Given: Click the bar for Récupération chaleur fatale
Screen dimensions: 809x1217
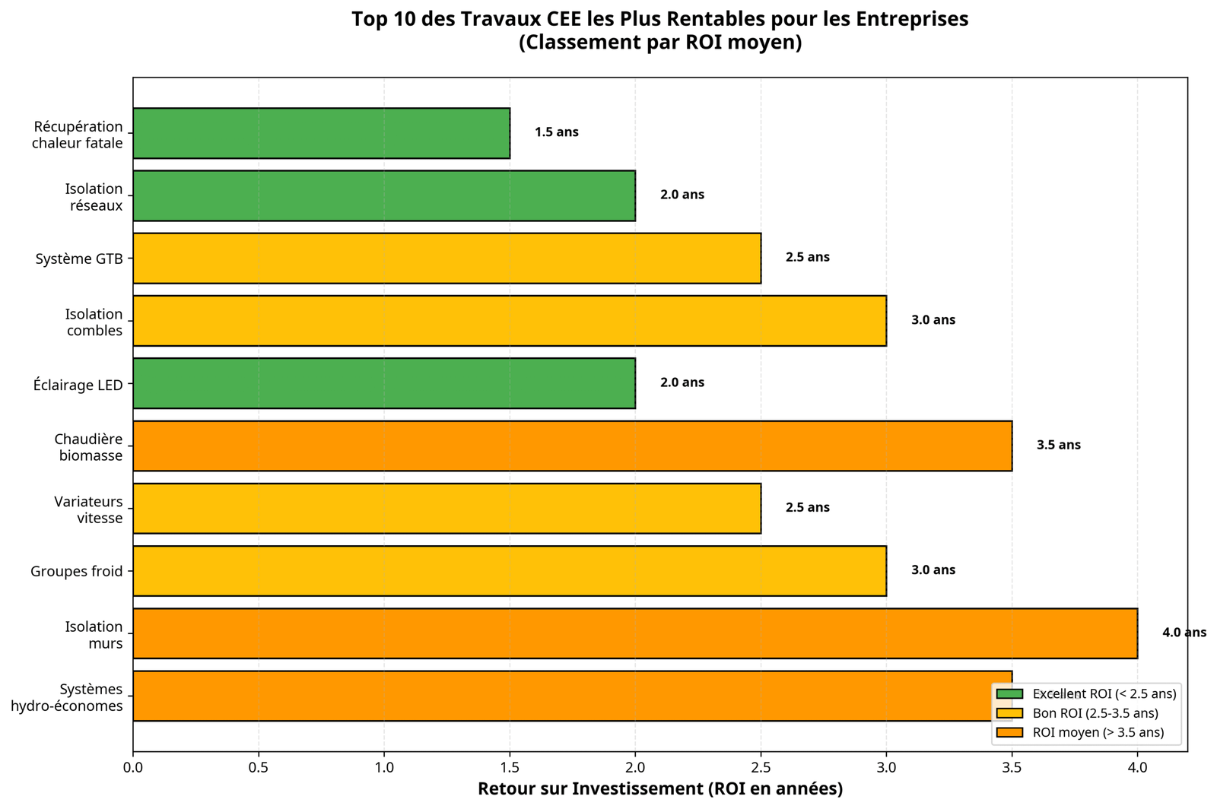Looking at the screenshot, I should click(x=321, y=133).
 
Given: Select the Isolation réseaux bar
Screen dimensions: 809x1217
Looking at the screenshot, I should click(x=384, y=195).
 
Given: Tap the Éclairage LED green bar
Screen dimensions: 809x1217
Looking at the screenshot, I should click(x=384, y=383).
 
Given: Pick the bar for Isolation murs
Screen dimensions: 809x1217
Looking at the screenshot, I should click(x=635, y=633).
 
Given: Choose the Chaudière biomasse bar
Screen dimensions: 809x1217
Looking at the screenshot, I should click(x=572, y=446).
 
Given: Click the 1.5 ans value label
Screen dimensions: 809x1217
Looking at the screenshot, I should click(x=556, y=132).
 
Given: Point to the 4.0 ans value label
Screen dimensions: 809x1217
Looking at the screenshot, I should click(x=1184, y=633).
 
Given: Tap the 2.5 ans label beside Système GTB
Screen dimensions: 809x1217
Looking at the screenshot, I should click(x=807, y=258).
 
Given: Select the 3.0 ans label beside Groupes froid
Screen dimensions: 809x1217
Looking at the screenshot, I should click(x=933, y=570).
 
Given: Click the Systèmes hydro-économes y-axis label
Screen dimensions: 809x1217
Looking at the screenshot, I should click(x=67, y=697).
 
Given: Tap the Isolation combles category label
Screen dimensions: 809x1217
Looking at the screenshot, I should click(x=94, y=322).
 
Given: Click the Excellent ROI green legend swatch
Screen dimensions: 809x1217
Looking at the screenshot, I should click(x=1010, y=694).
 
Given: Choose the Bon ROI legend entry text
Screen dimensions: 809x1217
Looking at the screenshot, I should click(x=1095, y=713).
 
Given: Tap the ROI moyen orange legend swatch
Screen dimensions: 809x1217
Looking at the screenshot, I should click(x=1010, y=733).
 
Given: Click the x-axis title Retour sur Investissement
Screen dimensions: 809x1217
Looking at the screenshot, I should click(x=659, y=789).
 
